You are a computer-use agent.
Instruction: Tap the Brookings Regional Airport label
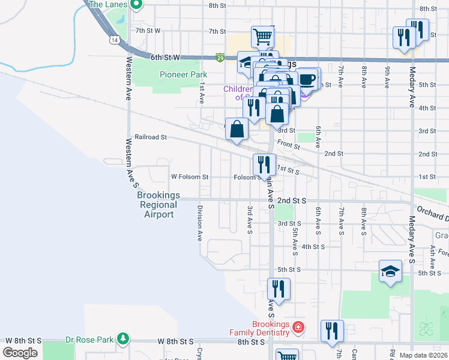(158, 205)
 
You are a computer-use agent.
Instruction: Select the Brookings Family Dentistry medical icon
(298, 328)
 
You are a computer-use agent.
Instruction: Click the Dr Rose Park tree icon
(123, 339)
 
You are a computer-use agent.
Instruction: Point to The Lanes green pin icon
(136, 5)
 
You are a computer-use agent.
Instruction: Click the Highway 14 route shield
(113, 40)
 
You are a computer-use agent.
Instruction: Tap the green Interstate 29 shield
(220, 58)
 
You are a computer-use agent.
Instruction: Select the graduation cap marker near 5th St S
(390, 271)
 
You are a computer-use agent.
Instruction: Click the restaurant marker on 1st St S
(264, 164)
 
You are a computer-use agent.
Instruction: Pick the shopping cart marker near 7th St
(263, 37)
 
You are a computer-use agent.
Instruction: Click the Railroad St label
(150, 137)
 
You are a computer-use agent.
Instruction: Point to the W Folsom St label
(190, 177)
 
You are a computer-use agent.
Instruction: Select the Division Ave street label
(199, 223)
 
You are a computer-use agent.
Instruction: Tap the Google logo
(20, 353)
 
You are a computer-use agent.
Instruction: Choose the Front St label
(289, 146)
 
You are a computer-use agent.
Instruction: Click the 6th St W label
(165, 58)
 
